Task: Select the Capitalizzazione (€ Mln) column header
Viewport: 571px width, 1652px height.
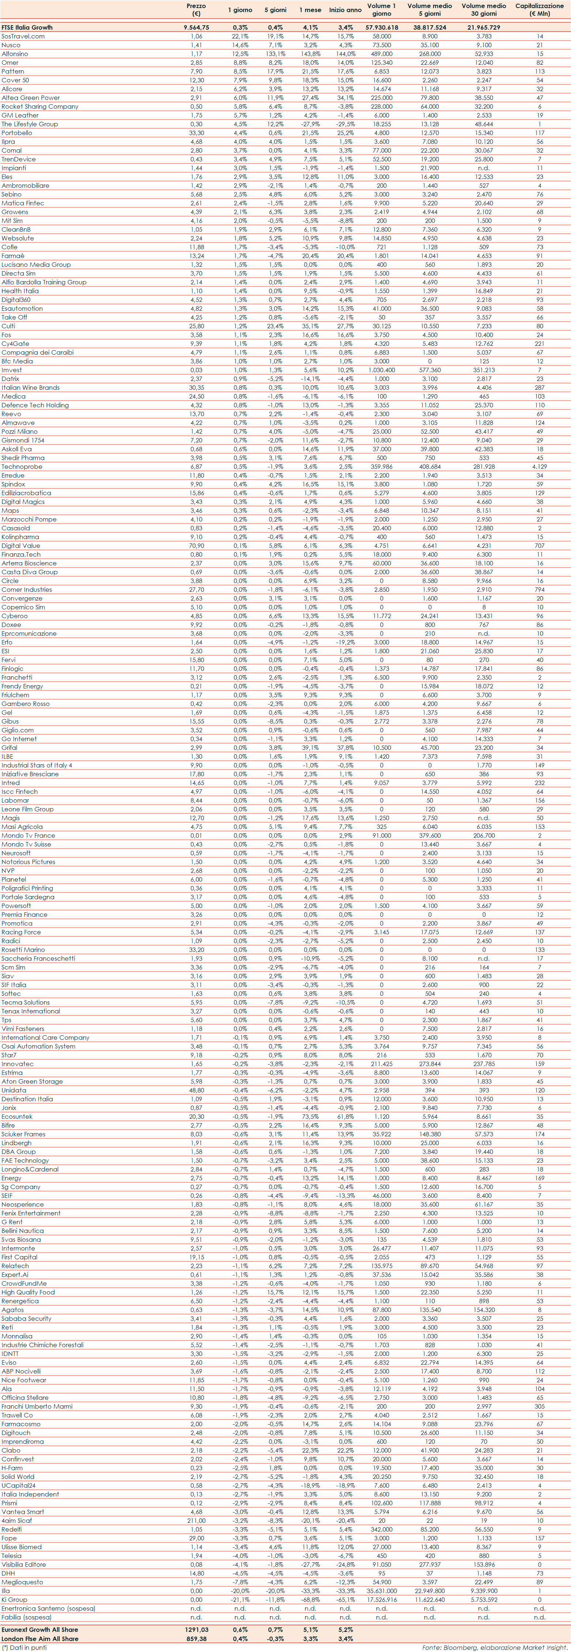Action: [x=539, y=9]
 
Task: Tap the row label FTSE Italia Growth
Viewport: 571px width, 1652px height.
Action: [x=27, y=27]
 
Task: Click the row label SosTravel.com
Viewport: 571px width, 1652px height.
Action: [x=23, y=37]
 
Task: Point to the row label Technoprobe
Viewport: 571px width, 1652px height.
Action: [x=22, y=467]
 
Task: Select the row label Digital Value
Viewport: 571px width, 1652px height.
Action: [x=20, y=546]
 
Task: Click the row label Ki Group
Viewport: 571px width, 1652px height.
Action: [x=14, y=1599]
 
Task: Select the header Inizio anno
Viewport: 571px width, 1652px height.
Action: [x=345, y=10]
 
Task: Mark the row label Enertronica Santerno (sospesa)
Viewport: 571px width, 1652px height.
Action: [x=48, y=1608]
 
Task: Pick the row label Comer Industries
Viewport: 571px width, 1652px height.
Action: [x=27, y=589]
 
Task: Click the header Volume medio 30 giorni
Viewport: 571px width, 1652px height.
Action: [x=484, y=9]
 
